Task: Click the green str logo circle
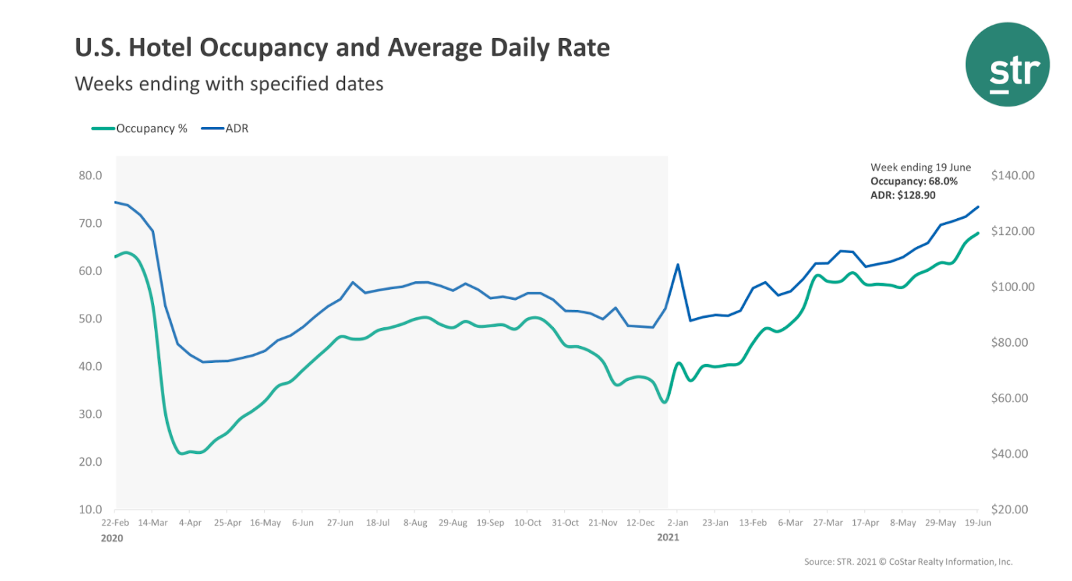pyautogui.click(x=1007, y=65)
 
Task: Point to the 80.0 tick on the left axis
pyautogui.click(x=90, y=175)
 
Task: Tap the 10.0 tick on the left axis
pyautogui.click(x=90, y=509)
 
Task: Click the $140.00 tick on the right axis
pyautogui.click(x=1012, y=175)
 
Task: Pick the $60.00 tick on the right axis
pyautogui.click(x=1009, y=398)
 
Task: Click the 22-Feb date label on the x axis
pyautogui.click(x=115, y=523)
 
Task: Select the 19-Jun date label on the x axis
pyautogui.click(x=978, y=523)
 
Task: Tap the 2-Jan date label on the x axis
pyautogui.click(x=677, y=523)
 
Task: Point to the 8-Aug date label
pyautogui.click(x=415, y=523)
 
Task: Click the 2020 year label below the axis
pyautogui.click(x=112, y=538)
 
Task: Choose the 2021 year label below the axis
pyautogui.click(x=668, y=537)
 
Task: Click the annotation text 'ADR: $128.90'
pyautogui.click(x=902, y=195)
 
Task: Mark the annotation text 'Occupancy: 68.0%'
pyautogui.click(x=914, y=181)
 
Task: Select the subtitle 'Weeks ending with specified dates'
pyautogui.click(x=229, y=84)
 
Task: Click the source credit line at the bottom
pyautogui.click(x=908, y=562)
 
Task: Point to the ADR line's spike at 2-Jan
pyautogui.click(x=678, y=265)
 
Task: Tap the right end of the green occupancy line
pyautogui.click(x=978, y=233)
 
